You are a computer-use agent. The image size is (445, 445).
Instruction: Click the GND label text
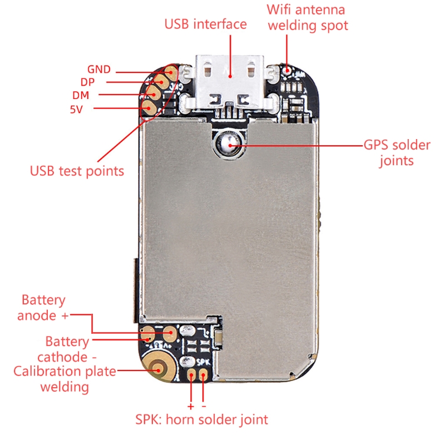tap(98, 70)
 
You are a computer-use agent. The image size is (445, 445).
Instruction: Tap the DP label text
tap(88, 82)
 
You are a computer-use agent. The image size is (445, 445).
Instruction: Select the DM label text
tap(81, 95)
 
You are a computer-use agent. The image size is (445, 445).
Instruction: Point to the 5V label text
tap(76, 109)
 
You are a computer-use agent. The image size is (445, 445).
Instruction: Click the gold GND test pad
tap(172, 71)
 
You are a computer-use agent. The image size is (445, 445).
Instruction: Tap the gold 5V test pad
tap(149, 107)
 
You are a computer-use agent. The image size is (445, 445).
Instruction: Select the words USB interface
tap(205, 24)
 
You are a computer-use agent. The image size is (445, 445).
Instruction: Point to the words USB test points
tap(77, 170)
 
